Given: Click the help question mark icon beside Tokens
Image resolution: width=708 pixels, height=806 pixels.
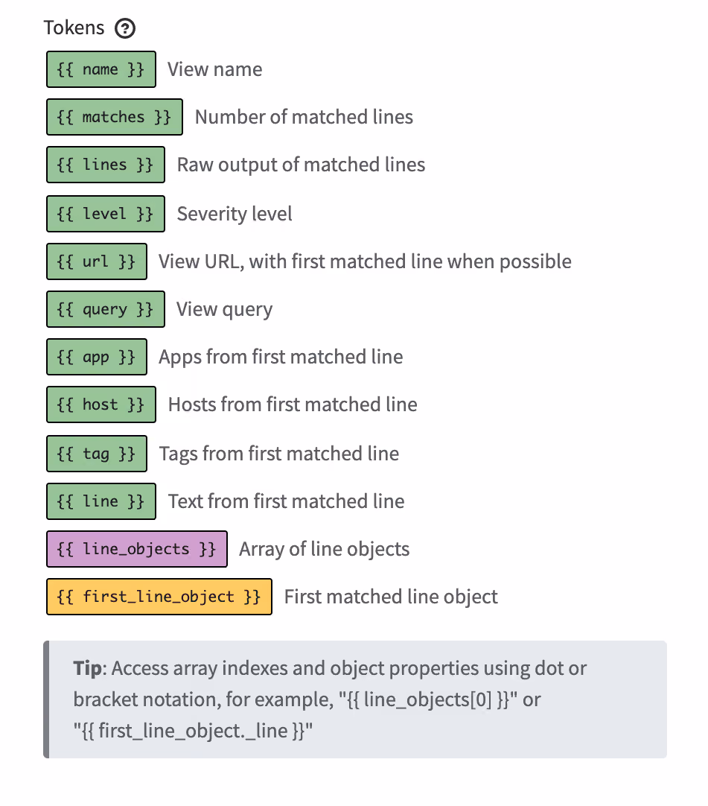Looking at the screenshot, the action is (125, 28).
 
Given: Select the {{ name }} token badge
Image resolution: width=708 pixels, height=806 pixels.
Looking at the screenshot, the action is (101, 69).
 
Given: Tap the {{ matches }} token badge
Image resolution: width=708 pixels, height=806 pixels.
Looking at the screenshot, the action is (115, 117).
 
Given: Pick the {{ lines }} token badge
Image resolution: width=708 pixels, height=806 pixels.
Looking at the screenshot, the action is (105, 165).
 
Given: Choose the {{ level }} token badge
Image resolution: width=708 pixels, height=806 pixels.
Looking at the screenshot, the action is (105, 214).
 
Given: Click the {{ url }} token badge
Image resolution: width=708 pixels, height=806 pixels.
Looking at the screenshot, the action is (97, 261).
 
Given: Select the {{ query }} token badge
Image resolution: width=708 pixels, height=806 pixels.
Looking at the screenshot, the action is (105, 309).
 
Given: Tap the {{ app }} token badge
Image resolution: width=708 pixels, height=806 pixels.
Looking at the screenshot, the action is (97, 357).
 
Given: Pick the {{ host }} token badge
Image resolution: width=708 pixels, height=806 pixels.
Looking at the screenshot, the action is (101, 404).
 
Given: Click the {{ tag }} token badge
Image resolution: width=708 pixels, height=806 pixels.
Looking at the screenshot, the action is (97, 454).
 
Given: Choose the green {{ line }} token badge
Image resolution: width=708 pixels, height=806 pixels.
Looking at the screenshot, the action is (101, 501).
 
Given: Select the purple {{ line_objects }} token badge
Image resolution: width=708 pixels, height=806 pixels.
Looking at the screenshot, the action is (137, 549).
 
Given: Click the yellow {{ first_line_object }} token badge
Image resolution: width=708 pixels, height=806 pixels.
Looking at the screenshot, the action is (159, 597).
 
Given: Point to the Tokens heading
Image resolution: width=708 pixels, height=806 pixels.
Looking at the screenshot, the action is (74, 28).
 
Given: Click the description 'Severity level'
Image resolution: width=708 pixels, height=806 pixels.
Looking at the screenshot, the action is (235, 214).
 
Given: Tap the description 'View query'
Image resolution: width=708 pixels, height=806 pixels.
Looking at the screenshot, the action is (225, 309).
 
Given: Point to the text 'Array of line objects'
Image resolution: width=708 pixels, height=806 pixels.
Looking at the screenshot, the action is (324, 549).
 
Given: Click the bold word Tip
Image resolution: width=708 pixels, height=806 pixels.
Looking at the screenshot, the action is (88, 669).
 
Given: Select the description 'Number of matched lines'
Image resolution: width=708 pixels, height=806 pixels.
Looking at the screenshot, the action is (304, 117).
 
